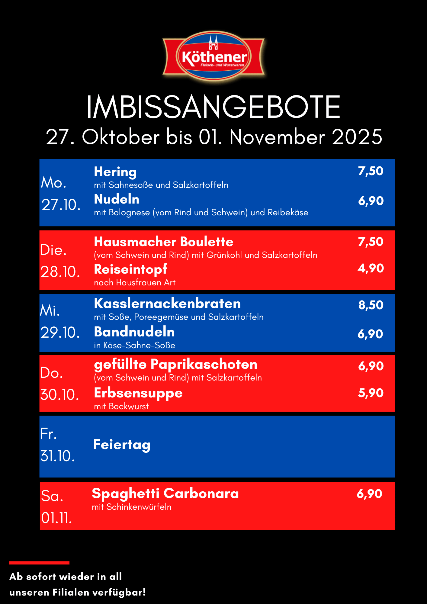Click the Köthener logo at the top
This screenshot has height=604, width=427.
(x=214, y=56)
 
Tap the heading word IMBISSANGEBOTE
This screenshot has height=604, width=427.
(x=213, y=107)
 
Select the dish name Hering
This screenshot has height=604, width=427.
(x=115, y=172)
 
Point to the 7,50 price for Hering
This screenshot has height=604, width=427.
(x=371, y=171)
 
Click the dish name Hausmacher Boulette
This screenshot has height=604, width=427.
(x=163, y=242)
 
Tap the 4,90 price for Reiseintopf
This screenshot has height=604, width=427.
(x=371, y=268)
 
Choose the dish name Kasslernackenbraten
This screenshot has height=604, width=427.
(x=167, y=304)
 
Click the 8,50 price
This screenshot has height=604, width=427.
(x=371, y=305)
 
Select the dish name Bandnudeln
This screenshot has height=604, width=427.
(x=134, y=332)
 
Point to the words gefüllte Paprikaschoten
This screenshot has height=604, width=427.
(x=175, y=365)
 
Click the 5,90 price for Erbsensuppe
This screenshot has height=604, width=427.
(x=371, y=393)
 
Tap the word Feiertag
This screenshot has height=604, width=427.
(x=122, y=445)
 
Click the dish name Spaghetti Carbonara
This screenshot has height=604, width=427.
(x=165, y=494)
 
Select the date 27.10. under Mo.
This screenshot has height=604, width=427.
(x=61, y=205)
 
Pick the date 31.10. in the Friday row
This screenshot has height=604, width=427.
(x=57, y=456)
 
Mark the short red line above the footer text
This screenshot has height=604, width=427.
(x=39, y=563)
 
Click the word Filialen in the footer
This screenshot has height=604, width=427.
(x=71, y=593)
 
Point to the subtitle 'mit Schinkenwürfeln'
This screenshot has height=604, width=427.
(x=132, y=507)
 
